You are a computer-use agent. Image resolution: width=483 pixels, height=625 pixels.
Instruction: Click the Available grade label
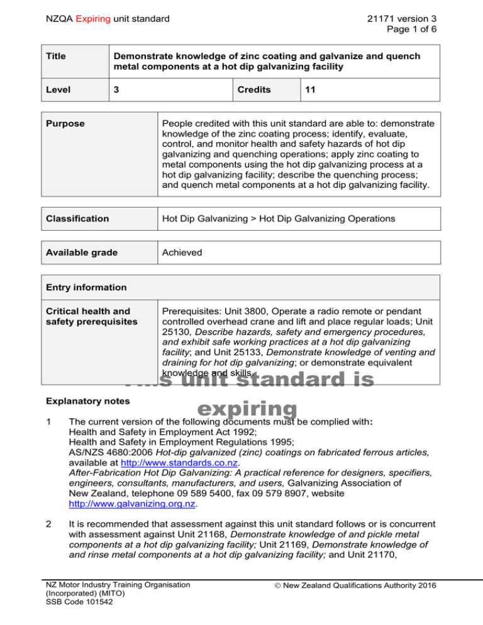(78, 252)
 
